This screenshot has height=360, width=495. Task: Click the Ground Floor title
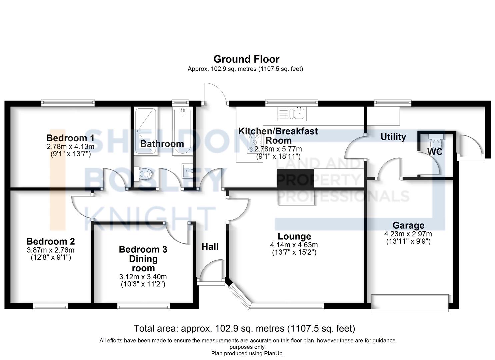coord(246,59)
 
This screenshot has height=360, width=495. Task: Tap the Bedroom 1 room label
coord(70,138)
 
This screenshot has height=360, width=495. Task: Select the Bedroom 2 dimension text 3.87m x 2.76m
coord(51,250)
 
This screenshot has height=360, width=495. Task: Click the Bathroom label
coord(162,144)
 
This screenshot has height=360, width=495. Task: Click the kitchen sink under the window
coord(299,113)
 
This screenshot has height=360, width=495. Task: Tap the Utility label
coord(393,137)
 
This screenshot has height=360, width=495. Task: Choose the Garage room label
coord(408,226)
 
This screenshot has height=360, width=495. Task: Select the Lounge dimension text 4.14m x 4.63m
coord(294,245)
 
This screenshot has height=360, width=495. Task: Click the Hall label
coord(210,247)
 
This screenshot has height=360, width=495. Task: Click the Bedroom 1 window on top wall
coord(68,103)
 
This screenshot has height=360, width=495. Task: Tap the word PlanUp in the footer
coord(272,353)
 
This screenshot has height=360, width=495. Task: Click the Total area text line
coord(244,329)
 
